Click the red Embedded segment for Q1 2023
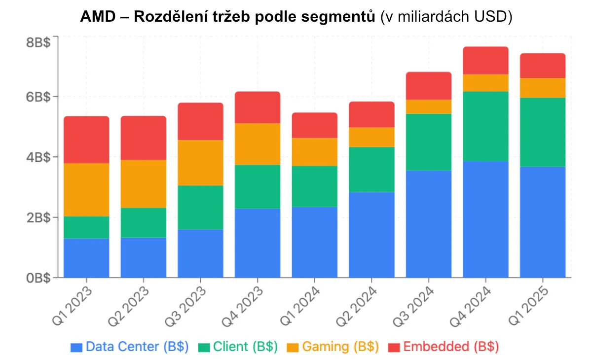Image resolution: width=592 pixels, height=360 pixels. click(x=86, y=140)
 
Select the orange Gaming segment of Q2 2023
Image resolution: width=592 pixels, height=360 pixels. click(x=144, y=183)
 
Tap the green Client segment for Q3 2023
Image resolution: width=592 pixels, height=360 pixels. click(x=200, y=207)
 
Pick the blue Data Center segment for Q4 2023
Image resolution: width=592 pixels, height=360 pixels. click(x=258, y=243)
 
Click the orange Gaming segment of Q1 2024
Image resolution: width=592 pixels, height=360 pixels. click(x=315, y=151)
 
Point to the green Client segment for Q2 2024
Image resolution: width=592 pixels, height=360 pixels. click(x=371, y=169)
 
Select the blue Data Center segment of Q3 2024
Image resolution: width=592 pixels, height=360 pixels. click(x=429, y=223)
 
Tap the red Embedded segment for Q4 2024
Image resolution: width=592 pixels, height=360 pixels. click(x=486, y=60)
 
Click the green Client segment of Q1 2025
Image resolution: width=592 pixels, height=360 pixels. click(x=543, y=132)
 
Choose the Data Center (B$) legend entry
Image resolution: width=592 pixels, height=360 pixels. click(x=129, y=347)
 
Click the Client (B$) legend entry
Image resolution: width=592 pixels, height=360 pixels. click(x=238, y=347)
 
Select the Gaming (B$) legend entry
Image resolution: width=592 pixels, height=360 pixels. click(x=333, y=347)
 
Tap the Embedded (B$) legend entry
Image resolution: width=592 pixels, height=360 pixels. click(x=444, y=347)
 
